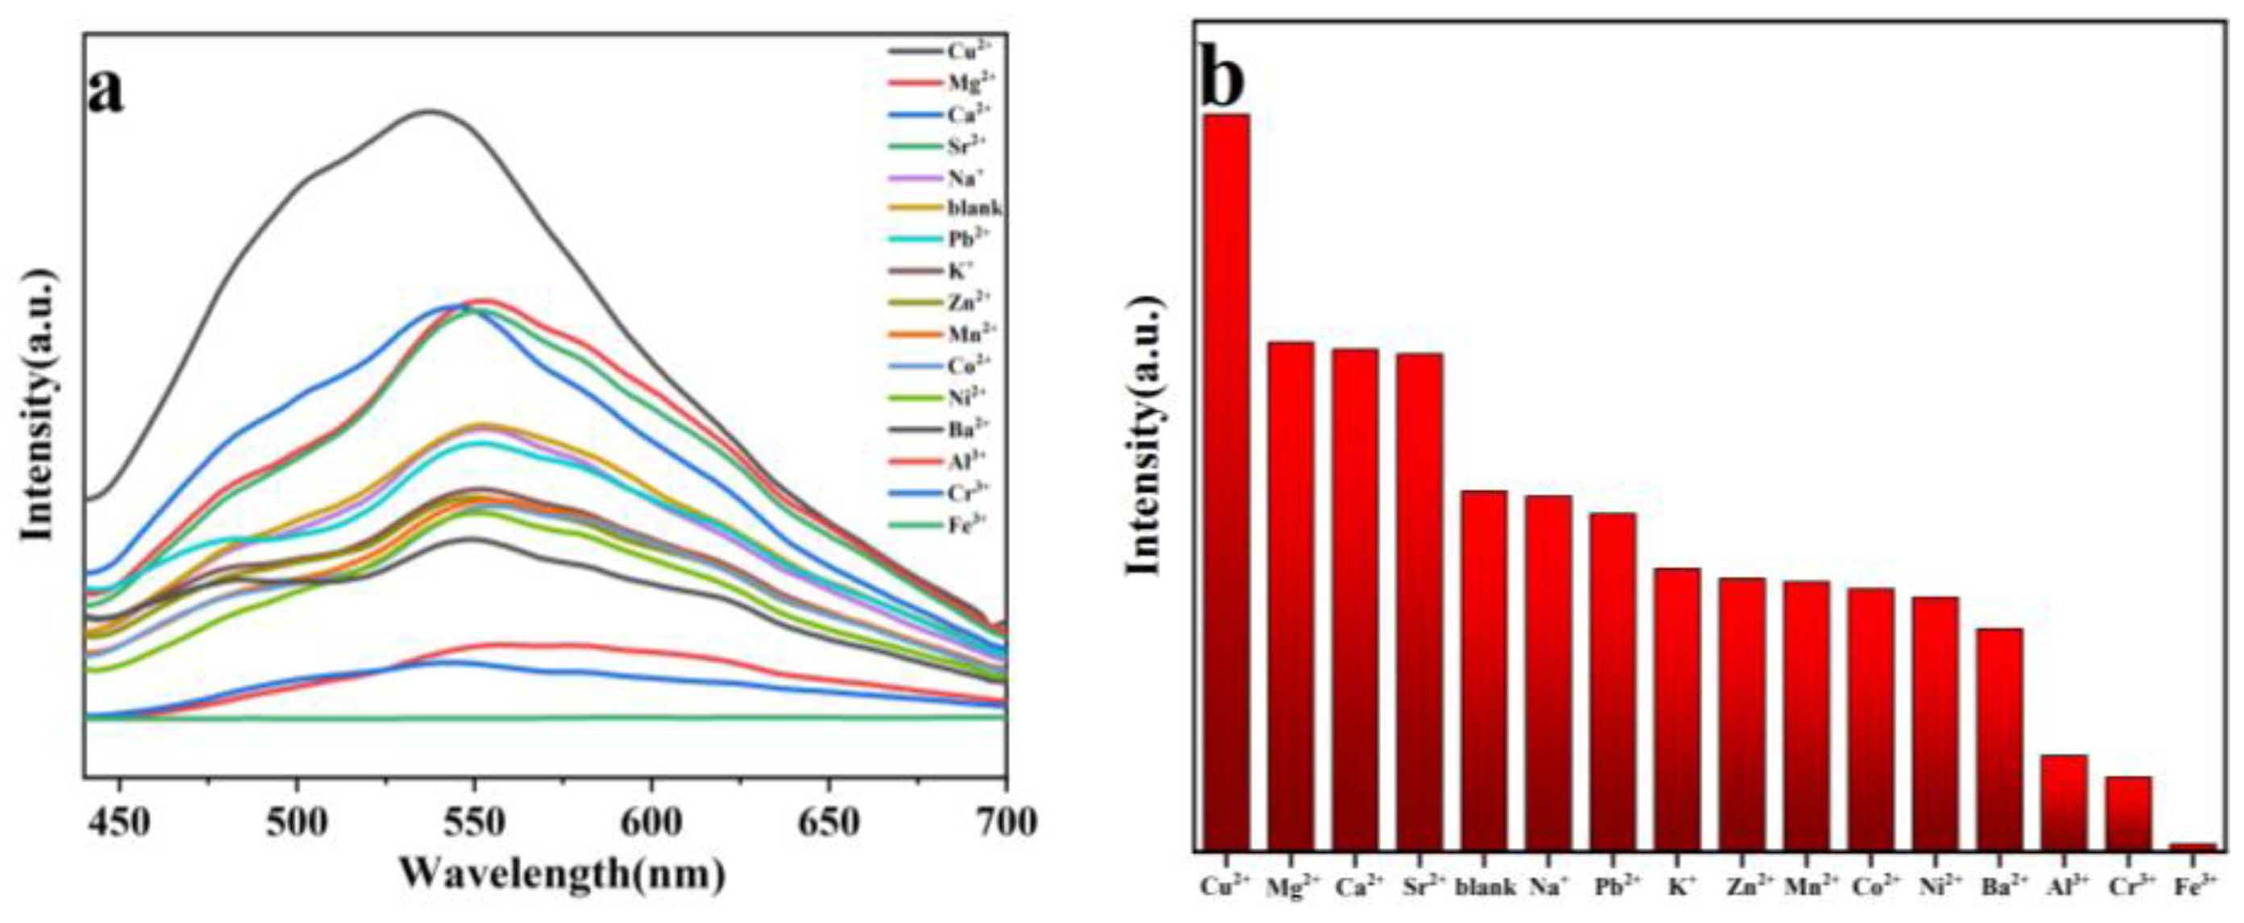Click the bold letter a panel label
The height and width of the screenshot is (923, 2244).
106,92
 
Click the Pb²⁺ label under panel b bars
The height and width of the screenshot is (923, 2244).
1612,889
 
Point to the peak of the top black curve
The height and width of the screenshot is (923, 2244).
429,110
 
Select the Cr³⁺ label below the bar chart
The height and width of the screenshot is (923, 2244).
2128,889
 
